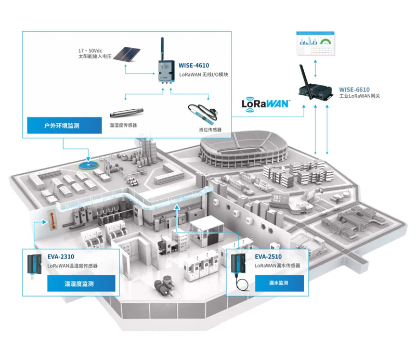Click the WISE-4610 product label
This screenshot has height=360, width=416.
[193, 66]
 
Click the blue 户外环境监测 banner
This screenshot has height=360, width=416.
[64, 125]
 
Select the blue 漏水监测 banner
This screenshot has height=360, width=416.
[280, 283]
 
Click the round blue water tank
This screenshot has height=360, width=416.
[89, 165]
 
